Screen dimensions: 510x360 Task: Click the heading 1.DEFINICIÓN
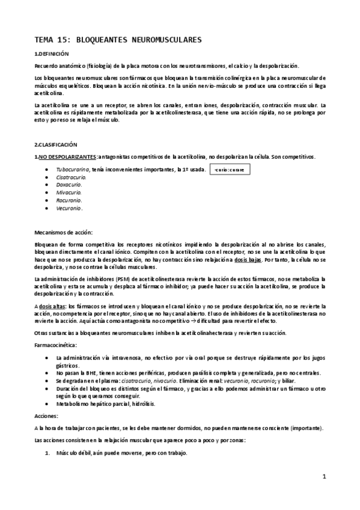52,54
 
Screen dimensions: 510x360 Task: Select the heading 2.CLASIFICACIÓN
55,145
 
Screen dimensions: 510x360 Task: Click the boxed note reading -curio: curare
230,170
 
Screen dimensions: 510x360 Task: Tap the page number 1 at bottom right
324,477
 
